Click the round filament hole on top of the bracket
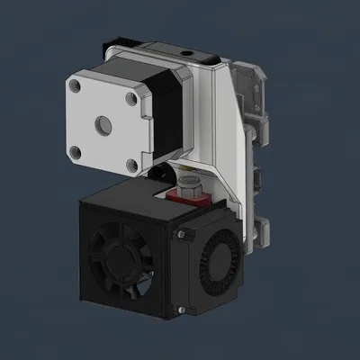pyautogui.click(x=188, y=56)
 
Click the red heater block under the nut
pyautogui.click(x=192, y=198)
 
